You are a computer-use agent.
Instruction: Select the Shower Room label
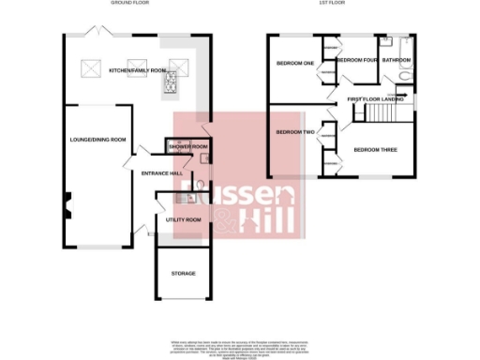pyautogui.click(x=187, y=147)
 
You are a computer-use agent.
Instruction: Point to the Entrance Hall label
pyautogui.click(x=161, y=173)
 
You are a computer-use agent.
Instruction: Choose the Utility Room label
pyautogui.click(x=184, y=219)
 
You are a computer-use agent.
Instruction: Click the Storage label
pyautogui.click(x=183, y=273)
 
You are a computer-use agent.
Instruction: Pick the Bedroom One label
pyautogui.click(x=293, y=64)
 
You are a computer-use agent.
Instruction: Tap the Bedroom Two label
pyautogui.click(x=294, y=132)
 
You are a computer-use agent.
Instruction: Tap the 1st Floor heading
pyautogui.click(x=343, y=5)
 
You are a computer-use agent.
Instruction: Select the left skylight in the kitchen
pyautogui.click(x=92, y=67)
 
